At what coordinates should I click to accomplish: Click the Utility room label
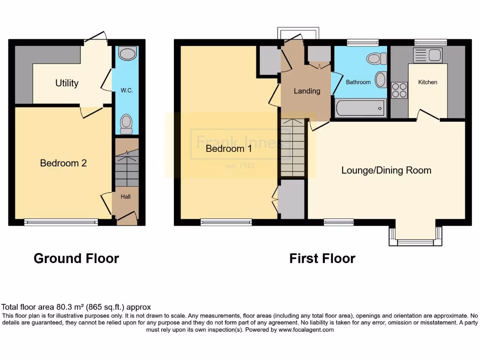pos(67,83)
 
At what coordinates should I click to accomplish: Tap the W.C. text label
pos(127,90)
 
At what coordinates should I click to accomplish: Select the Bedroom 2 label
pos(63,163)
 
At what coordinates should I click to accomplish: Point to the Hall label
pos(126,197)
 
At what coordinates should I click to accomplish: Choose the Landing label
pos(307,91)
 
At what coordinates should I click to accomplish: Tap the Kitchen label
pos(427,82)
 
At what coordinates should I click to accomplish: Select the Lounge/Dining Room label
pos(386,170)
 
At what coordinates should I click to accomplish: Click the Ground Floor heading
pos(76,258)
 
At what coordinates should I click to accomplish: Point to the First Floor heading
pos(322,258)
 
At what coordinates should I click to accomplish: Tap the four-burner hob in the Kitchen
pos(399,90)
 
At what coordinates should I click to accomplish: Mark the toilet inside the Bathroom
pos(376,59)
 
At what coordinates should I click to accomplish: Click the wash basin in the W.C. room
pos(127,54)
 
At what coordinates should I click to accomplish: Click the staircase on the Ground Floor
pos(127,164)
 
